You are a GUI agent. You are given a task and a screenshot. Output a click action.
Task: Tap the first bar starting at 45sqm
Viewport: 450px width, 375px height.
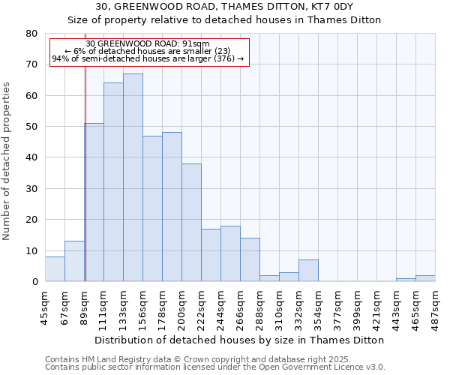[x=55, y=269]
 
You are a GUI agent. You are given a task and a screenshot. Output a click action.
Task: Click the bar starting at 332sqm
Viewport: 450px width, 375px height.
[x=308, y=271]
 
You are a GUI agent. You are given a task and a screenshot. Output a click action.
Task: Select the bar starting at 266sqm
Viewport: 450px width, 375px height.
[x=250, y=259]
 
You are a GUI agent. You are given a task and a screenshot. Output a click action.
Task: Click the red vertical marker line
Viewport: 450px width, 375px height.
[x=85, y=187]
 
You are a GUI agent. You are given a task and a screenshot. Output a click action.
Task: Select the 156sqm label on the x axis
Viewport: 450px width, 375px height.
[x=142, y=307]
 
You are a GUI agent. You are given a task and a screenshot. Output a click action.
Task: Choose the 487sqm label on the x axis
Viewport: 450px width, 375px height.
[x=435, y=307]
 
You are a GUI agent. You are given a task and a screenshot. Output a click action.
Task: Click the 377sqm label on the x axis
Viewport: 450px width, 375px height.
[x=337, y=307]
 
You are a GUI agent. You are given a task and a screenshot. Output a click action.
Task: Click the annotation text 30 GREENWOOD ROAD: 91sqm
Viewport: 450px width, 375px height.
[x=148, y=43]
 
